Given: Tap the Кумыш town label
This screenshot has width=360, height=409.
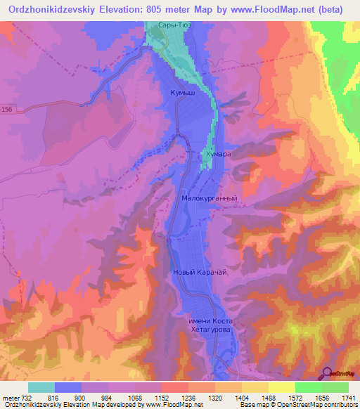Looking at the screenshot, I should (x=182, y=92).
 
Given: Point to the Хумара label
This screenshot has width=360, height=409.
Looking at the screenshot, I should (x=217, y=153).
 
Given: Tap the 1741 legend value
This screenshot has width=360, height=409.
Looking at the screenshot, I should (x=348, y=399).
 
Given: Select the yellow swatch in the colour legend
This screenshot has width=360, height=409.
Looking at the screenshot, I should (x=281, y=387).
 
